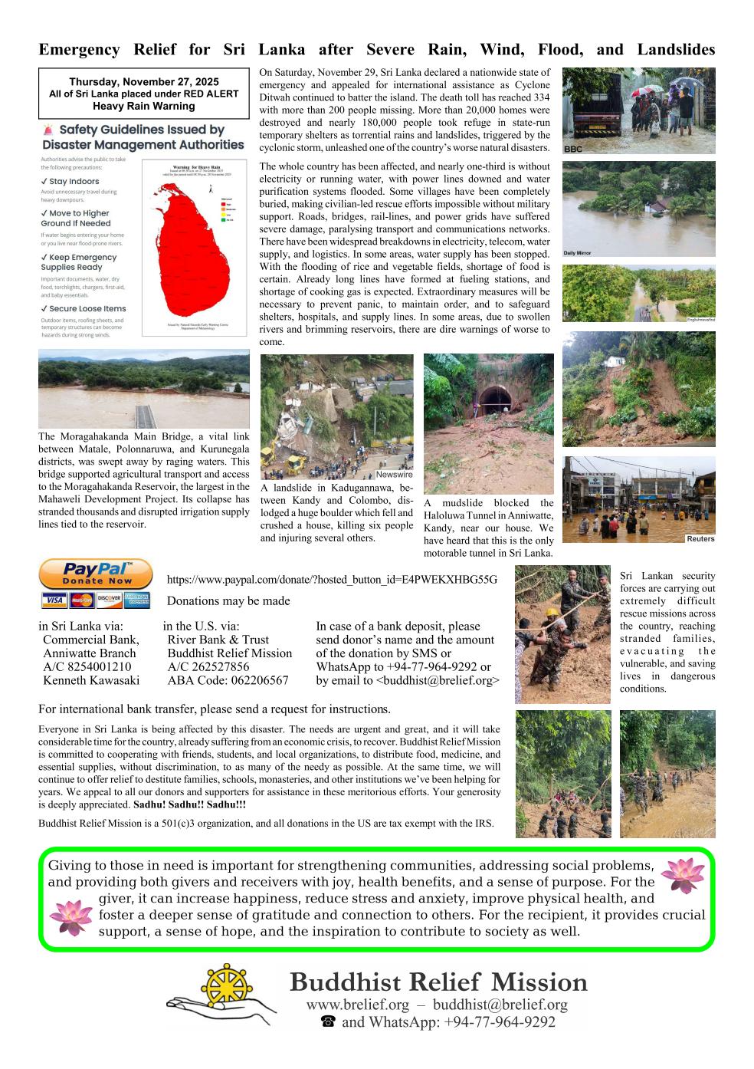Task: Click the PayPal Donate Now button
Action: [x=95, y=574]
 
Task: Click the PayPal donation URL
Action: [x=332, y=580]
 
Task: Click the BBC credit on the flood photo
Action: [x=573, y=150]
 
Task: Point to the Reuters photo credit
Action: [x=700, y=538]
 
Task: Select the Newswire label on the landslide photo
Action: [x=394, y=475]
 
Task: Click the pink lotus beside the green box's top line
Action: [x=682, y=876]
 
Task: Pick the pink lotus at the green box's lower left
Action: [x=70, y=917]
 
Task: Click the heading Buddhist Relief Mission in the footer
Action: [x=438, y=982]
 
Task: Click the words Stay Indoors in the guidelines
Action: [x=74, y=182]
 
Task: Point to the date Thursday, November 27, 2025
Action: [x=144, y=82]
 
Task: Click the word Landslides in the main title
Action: [x=675, y=50]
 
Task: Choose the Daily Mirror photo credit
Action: [x=578, y=252]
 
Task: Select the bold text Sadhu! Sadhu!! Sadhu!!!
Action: [x=189, y=805]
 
